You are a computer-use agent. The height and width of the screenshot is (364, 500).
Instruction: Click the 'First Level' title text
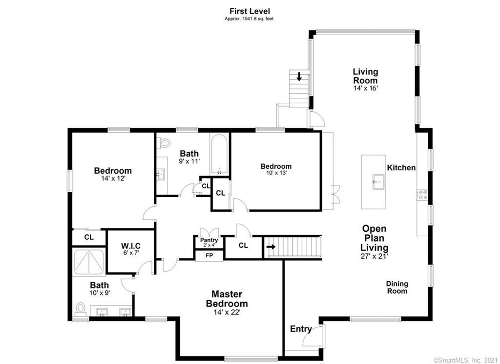click(249, 11)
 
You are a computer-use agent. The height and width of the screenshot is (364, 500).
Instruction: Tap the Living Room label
click(365, 76)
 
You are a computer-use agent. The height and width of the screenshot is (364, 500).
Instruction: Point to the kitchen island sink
click(379, 182)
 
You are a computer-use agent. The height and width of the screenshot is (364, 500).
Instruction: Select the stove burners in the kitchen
click(423, 195)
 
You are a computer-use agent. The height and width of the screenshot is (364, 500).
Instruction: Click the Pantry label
click(209, 240)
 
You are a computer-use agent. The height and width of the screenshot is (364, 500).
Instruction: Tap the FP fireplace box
click(209, 256)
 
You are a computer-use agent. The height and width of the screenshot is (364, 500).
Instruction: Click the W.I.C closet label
click(131, 246)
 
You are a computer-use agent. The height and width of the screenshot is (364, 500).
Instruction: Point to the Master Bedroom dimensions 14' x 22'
click(227, 312)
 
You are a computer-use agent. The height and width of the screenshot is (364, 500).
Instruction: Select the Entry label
click(301, 329)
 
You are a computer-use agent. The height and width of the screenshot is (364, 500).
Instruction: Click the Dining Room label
click(397, 287)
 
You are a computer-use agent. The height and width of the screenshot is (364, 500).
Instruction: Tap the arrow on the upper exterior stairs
click(299, 77)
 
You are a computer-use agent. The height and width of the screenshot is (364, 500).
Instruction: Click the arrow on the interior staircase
click(271, 247)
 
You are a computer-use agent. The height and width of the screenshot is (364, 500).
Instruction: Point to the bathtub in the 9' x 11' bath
click(219, 154)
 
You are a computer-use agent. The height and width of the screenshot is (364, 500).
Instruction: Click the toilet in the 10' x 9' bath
click(81, 310)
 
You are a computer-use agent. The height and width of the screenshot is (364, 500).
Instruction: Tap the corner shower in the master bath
click(89, 262)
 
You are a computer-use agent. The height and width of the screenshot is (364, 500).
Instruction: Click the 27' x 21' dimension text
click(375, 256)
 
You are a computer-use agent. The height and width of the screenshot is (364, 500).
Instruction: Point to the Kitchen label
click(401, 167)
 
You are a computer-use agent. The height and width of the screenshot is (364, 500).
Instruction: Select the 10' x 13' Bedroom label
click(276, 166)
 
